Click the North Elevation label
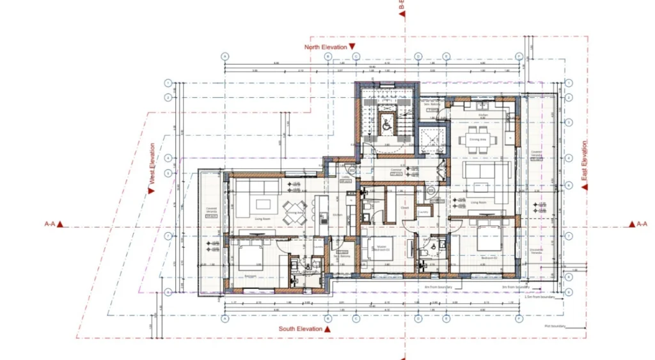(326, 47)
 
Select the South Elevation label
(301, 329)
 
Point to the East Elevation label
(584, 165)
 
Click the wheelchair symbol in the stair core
(386, 125)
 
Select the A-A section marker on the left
(51, 224)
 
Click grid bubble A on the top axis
(225, 56)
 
